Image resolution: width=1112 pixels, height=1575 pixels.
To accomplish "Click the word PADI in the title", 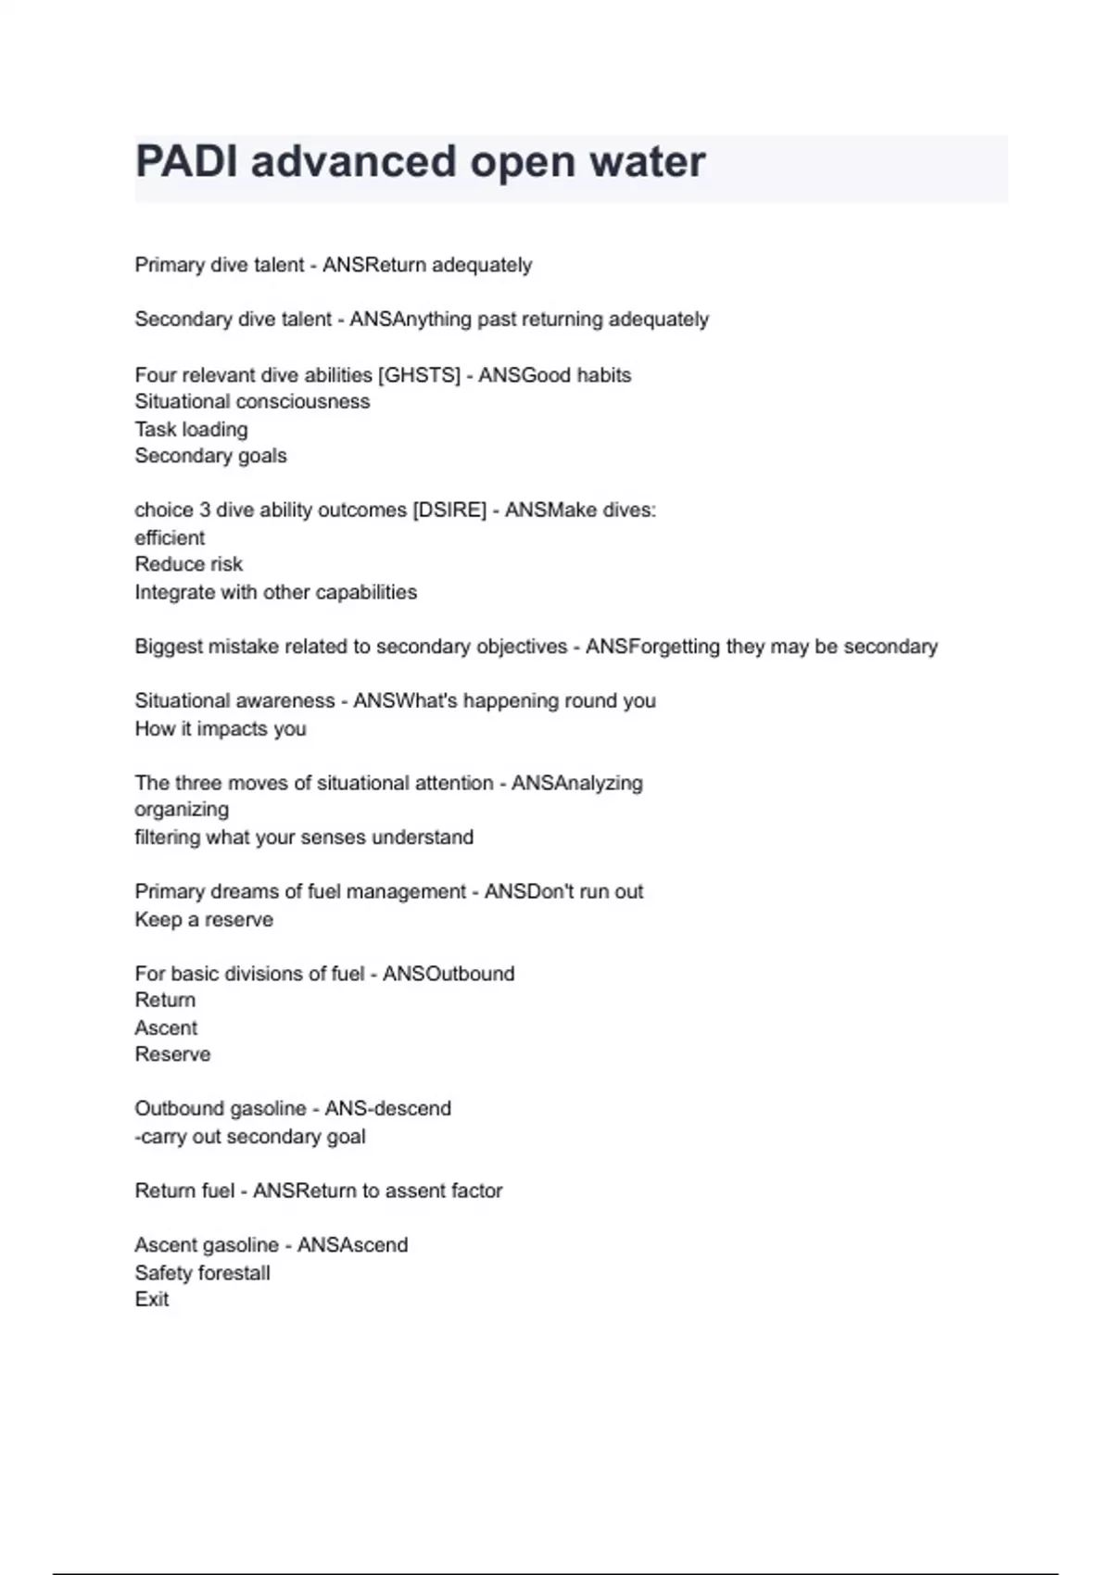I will [185, 162].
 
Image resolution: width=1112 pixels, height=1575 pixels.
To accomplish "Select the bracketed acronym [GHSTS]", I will [419, 375].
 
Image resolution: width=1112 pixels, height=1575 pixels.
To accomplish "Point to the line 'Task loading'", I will [191, 430].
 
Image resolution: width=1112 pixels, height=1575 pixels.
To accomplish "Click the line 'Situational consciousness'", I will [252, 402].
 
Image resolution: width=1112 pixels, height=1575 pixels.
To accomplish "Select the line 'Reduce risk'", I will [188, 564].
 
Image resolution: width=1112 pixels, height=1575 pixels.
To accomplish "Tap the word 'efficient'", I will [170, 538].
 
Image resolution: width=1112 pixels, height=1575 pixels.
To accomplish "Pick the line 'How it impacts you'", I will [220, 729].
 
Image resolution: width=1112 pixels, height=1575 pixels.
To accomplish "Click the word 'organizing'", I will [182, 810].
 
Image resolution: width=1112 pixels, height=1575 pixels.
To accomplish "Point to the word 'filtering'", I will [167, 838].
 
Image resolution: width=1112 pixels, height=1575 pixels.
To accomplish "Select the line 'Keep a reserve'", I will [204, 920].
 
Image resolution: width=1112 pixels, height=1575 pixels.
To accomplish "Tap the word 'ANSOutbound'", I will [449, 974].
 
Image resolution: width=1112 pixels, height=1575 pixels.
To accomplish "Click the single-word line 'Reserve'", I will [172, 1054].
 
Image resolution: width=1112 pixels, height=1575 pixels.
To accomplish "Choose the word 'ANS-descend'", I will [387, 1109].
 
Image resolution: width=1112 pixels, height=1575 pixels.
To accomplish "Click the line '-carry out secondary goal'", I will [250, 1137].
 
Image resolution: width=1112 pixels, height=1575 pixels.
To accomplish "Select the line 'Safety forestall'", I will [202, 1273].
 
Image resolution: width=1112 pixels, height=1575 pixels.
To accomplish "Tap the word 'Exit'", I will [152, 1300].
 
